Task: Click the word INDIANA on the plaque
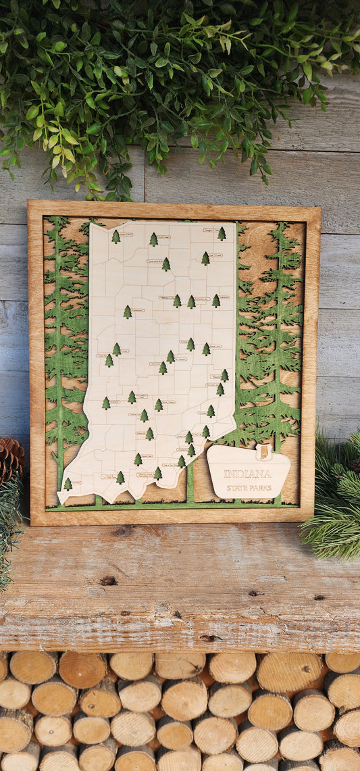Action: click(247, 474)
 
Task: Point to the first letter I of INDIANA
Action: click(226, 474)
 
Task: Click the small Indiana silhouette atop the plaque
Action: click(263, 452)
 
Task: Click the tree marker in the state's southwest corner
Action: click(68, 484)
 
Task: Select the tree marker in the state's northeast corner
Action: click(222, 234)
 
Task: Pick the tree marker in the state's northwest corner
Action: click(115, 237)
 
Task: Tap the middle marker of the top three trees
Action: click(153, 239)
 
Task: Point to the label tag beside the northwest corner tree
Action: click(126, 234)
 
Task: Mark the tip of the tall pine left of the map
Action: click(57, 219)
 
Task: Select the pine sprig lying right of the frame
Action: click(332, 500)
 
